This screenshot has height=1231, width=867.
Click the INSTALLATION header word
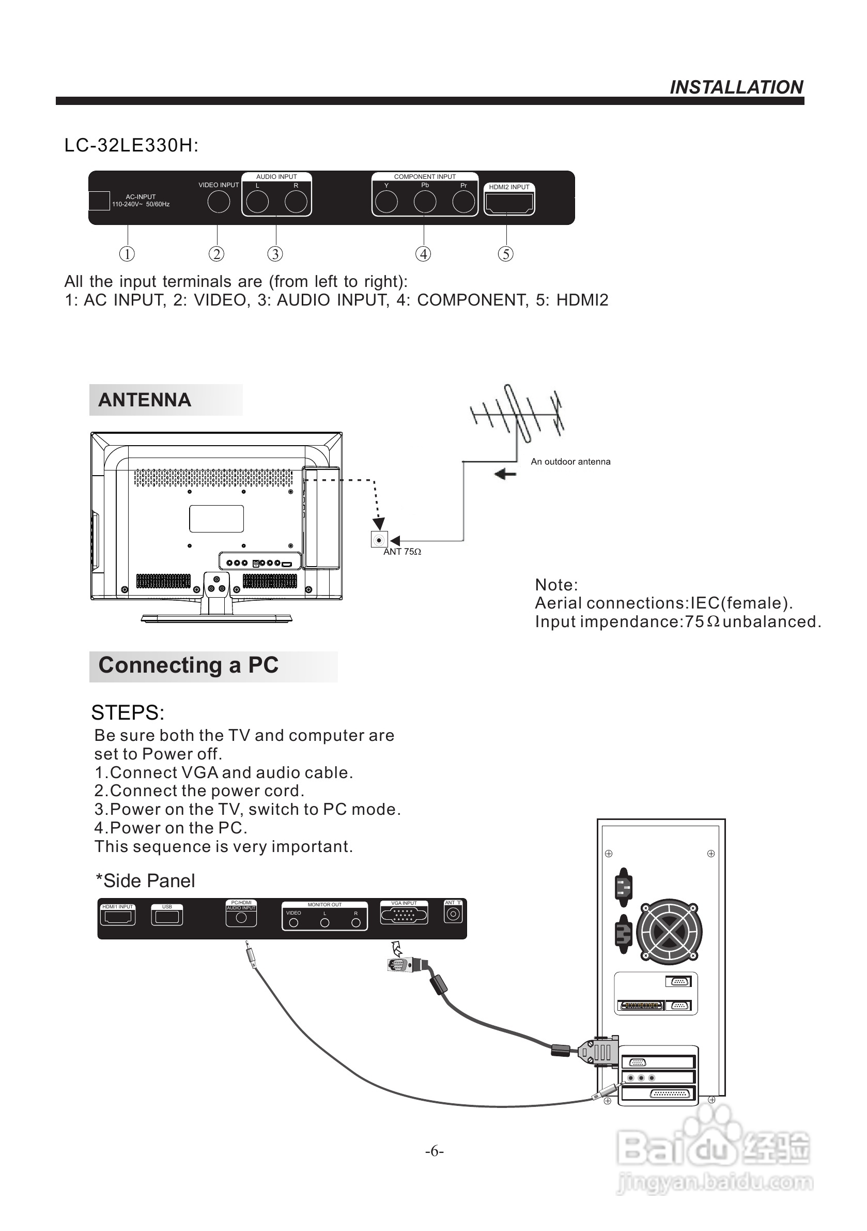(x=736, y=87)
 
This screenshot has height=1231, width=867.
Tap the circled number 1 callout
(x=127, y=254)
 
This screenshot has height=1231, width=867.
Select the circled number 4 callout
(x=423, y=254)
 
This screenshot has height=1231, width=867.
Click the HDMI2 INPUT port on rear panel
(x=508, y=204)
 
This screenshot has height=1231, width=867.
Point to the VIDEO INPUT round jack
(x=218, y=202)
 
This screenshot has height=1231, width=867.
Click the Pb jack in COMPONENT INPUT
(x=424, y=202)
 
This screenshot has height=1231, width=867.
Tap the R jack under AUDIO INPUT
(x=296, y=202)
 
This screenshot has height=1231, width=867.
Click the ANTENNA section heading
(x=145, y=400)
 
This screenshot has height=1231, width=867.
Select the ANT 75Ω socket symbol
(x=379, y=539)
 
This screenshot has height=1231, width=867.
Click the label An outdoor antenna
(x=570, y=462)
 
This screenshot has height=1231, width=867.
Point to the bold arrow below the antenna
(x=505, y=474)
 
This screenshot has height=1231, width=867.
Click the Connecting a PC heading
(x=188, y=665)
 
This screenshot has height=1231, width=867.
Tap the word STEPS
(x=128, y=713)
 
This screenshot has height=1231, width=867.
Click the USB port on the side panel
(x=167, y=917)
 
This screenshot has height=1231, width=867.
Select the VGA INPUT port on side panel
(x=404, y=916)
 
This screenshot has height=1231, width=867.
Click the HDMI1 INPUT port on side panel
(x=118, y=917)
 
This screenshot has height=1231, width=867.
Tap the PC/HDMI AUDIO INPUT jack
(x=241, y=918)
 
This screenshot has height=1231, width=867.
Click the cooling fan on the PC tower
(x=669, y=932)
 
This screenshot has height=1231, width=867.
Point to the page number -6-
(x=434, y=1151)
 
